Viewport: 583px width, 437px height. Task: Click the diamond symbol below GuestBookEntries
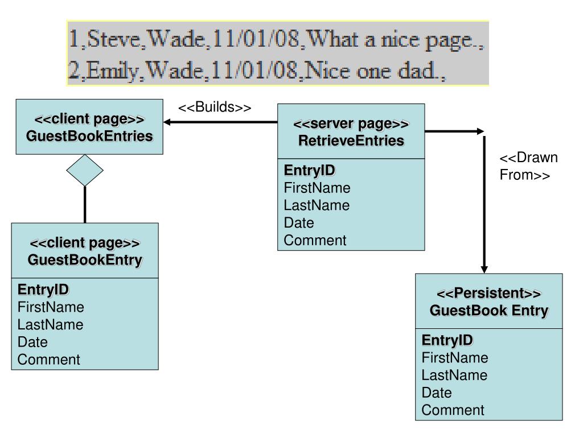(x=85, y=170)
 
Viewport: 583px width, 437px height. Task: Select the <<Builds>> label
(x=215, y=108)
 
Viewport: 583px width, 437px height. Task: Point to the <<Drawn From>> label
(x=528, y=166)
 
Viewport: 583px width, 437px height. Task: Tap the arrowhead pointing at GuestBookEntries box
(x=167, y=122)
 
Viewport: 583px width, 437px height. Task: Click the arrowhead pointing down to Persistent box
(x=485, y=267)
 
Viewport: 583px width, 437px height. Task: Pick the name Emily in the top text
(x=113, y=73)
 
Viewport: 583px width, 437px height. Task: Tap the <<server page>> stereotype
(x=351, y=125)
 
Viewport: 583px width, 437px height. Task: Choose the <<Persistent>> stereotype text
(x=488, y=294)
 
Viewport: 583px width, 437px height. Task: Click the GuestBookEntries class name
(x=89, y=136)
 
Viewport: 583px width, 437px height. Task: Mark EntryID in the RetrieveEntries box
(x=310, y=171)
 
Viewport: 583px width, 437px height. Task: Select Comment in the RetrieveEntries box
(x=315, y=241)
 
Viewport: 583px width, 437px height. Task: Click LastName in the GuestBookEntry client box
(x=50, y=325)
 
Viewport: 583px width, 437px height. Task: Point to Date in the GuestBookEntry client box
(x=32, y=343)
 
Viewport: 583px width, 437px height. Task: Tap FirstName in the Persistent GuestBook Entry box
(x=454, y=358)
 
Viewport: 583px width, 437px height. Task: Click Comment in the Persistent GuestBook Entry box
(x=453, y=410)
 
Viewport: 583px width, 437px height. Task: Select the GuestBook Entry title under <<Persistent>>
(x=488, y=311)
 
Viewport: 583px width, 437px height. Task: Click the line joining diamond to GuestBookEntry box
(x=85, y=204)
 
